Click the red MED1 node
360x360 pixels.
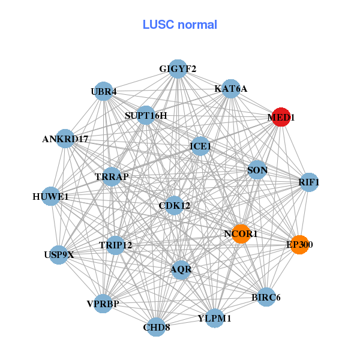click(x=281, y=118)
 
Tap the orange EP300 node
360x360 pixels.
click(x=299, y=244)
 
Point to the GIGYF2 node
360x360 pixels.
click(x=178, y=69)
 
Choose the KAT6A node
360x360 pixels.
click(x=231, y=89)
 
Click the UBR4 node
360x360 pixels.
click(x=104, y=92)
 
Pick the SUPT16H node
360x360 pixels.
click(x=146, y=115)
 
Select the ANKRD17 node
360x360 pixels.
click(x=65, y=139)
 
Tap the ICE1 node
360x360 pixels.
click(x=200, y=146)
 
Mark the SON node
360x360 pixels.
click(x=257, y=170)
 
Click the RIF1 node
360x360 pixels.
click(x=308, y=182)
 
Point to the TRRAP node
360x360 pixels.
click(x=112, y=177)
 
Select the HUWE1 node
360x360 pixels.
click(x=50, y=196)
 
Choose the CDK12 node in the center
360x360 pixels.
click(x=175, y=206)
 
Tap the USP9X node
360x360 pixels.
click(x=59, y=254)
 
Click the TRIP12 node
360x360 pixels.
click(x=115, y=245)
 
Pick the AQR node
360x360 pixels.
click(x=181, y=269)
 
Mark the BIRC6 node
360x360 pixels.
click(x=266, y=297)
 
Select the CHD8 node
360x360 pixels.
click(x=156, y=327)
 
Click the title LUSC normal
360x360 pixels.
click(x=180, y=25)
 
